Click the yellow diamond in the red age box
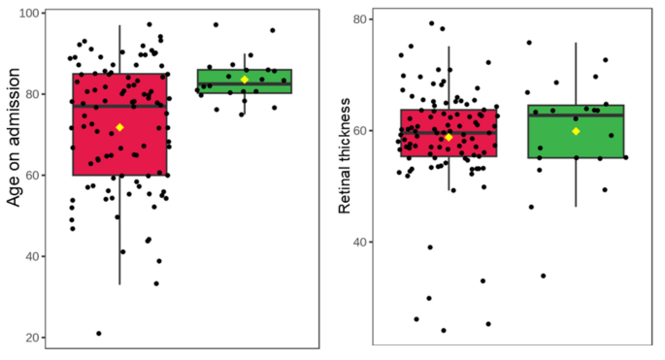pyautogui.click(x=119, y=127)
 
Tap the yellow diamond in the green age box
pyautogui.click(x=245, y=80)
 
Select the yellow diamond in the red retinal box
pyautogui.click(x=449, y=138)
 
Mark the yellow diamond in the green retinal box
pyautogui.click(x=576, y=131)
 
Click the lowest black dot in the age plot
pyautogui.click(x=99, y=334)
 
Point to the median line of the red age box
pyautogui.click(x=97, y=106)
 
